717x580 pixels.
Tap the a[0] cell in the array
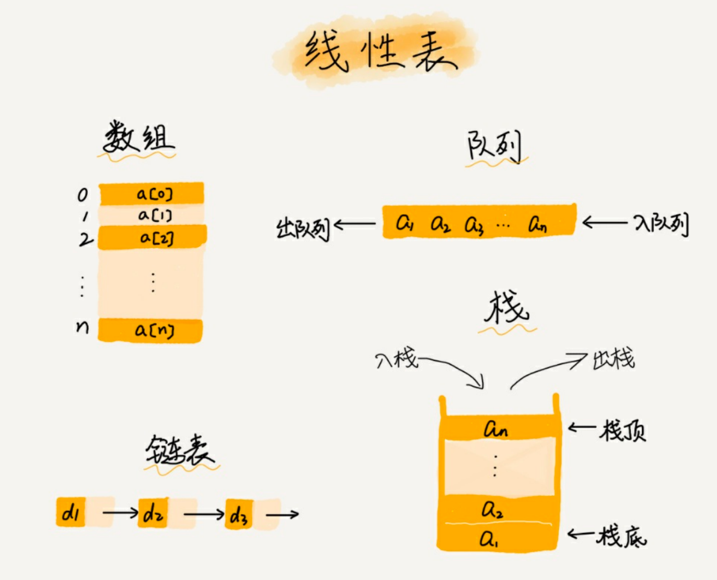point(152,194)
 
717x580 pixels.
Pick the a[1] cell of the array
point(152,215)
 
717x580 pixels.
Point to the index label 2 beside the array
point(85,239)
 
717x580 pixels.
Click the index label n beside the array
point(83,327)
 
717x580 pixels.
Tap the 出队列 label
point(303,228)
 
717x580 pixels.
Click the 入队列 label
point(661,224)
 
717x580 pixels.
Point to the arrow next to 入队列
point(604,223)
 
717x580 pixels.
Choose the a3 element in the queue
point(474,224)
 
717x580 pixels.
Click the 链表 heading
point(179,450)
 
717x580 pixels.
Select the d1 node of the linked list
point(71,513)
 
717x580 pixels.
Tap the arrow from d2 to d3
point(204,514)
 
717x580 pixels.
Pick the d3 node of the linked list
point(239,515)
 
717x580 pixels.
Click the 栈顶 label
point(622,431)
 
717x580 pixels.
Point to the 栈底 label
point(622,536)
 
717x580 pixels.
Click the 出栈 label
point(614,358)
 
